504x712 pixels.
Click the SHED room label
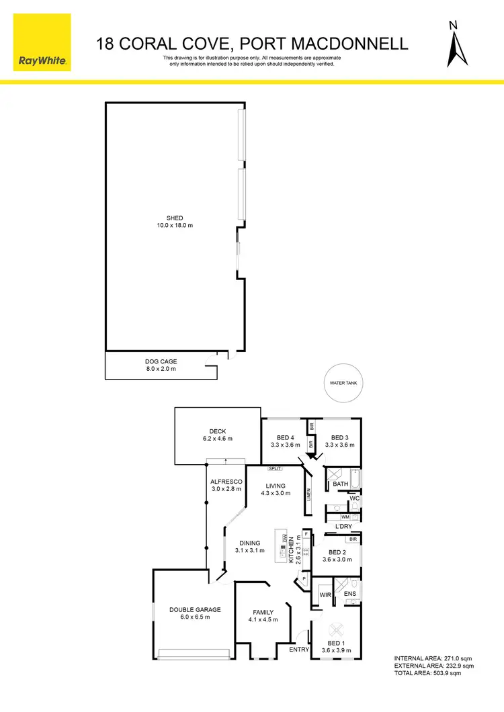coord(175,218)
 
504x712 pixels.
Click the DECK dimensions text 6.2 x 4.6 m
coord(217,439)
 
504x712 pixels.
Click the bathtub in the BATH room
coord(355,479)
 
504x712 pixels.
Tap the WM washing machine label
coord(345,517)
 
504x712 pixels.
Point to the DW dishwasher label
coord(285,539)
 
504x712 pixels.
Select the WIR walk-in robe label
coord(325,595)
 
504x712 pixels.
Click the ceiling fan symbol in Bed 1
coord(336,631)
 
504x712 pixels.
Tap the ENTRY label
coord(298,650)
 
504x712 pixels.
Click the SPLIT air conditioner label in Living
coord(275,468)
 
